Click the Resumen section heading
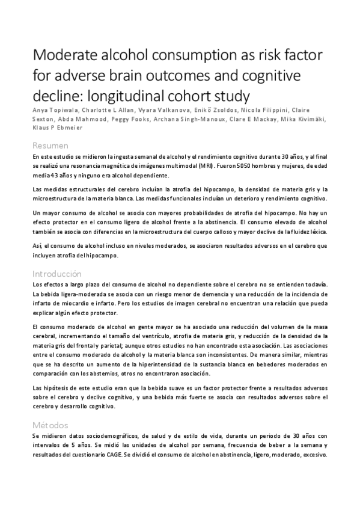[x=50, y=146]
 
